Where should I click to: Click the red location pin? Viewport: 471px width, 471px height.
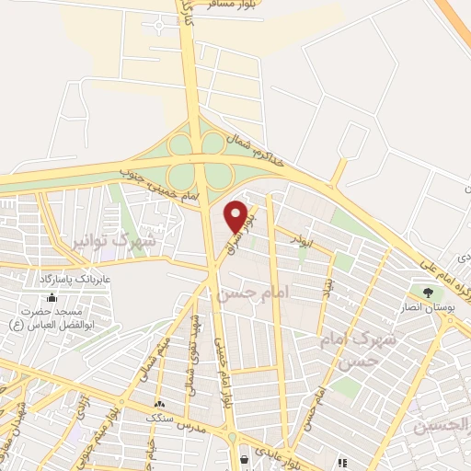point(236,216)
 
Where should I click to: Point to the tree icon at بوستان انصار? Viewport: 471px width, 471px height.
point(427,292)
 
